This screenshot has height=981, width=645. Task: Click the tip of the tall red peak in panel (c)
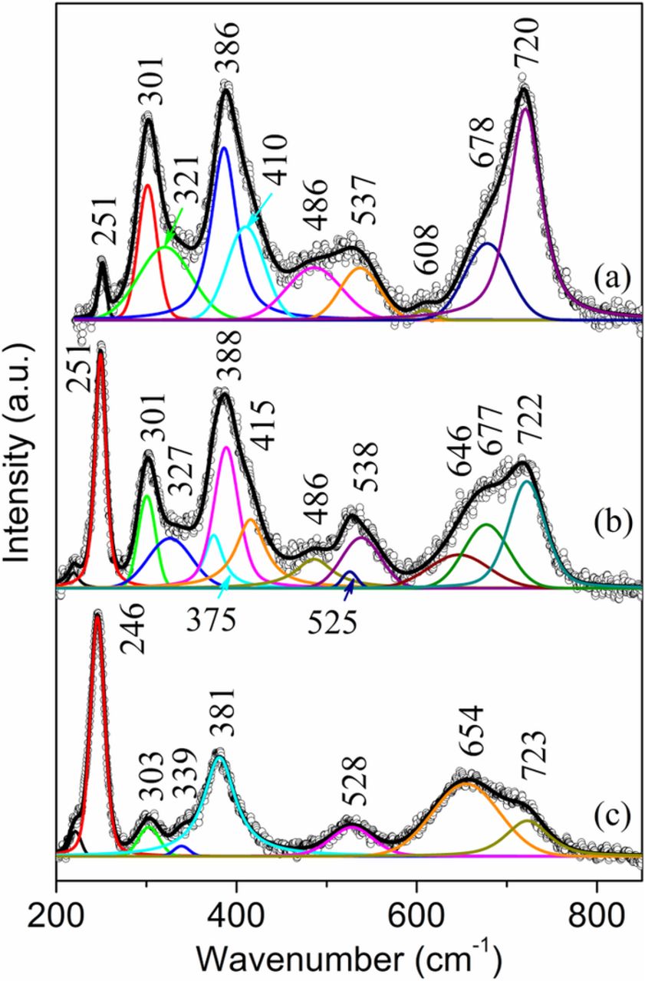coord(97,613)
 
